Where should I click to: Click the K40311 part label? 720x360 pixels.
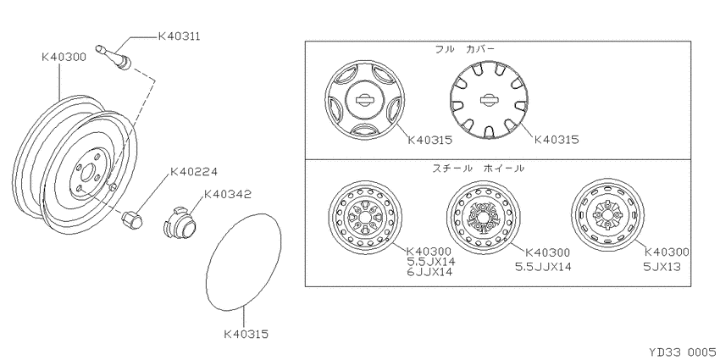tap(179, 36)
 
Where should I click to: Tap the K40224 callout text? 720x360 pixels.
tap(193, 172)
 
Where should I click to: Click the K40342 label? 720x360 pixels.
tap(227, 194)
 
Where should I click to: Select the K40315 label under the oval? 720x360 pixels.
tap(246, 334)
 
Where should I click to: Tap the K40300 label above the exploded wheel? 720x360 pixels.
tap(64, 57)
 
